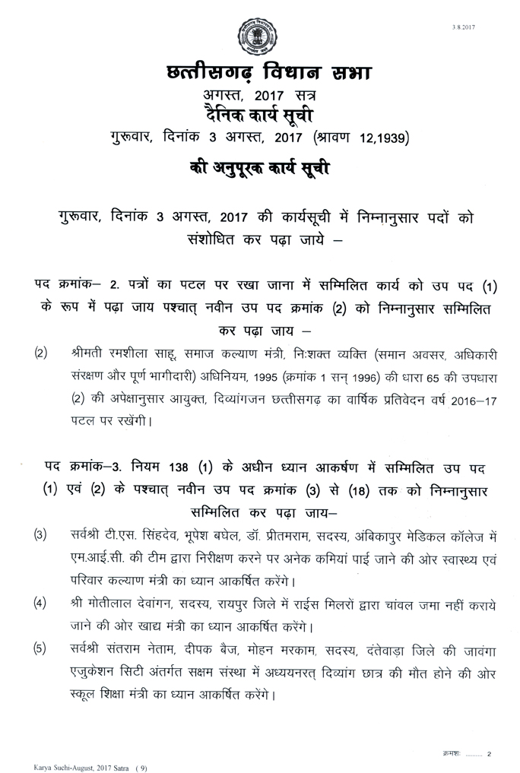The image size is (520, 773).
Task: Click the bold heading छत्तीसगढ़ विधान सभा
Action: (x=258, y=76)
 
